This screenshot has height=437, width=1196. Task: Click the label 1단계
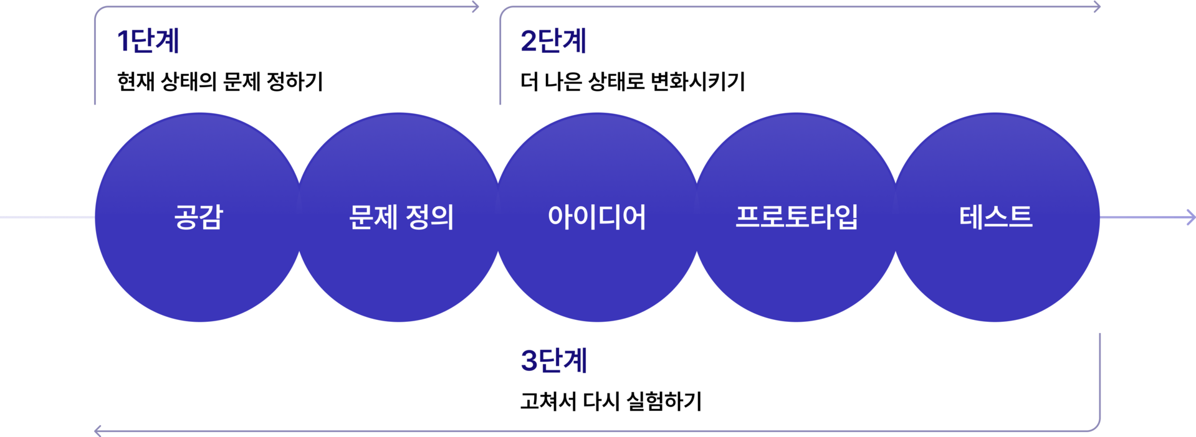(x=148, y=41)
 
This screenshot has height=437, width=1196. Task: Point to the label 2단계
(x=553, y=41)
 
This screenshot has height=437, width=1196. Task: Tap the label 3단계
(x=553, y=361)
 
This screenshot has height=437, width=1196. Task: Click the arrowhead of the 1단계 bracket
(x=476, y=7)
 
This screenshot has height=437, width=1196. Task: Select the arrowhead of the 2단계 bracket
(x=1098, y=7)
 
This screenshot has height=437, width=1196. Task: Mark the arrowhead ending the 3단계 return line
(x=97, y=430)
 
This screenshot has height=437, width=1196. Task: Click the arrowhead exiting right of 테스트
(x=1191, y=217)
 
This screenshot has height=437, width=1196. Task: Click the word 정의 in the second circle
(x=429, y=217)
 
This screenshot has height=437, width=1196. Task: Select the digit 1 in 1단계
(x=123, y=41)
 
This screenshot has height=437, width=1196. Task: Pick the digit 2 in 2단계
(x=528, y=41)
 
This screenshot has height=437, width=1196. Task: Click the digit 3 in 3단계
(x=529, y=361)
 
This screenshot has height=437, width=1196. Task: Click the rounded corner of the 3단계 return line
(x=1097, y=426)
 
